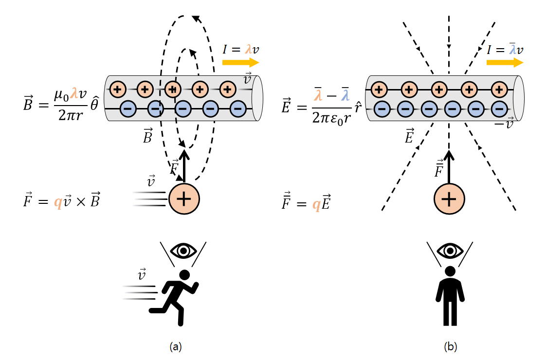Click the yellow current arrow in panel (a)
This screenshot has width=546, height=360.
[240, 62]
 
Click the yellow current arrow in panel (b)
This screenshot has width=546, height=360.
[505, 62]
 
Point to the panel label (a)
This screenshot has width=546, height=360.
[176, 346]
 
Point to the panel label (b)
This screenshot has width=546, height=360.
[450, 346]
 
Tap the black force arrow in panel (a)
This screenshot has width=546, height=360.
[184, 165]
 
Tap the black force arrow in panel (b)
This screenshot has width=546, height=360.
[449, 165]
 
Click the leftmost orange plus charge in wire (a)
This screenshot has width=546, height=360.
[118, 90]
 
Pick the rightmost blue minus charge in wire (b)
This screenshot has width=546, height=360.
[498, 108]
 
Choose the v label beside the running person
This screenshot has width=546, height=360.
[142, 275]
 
